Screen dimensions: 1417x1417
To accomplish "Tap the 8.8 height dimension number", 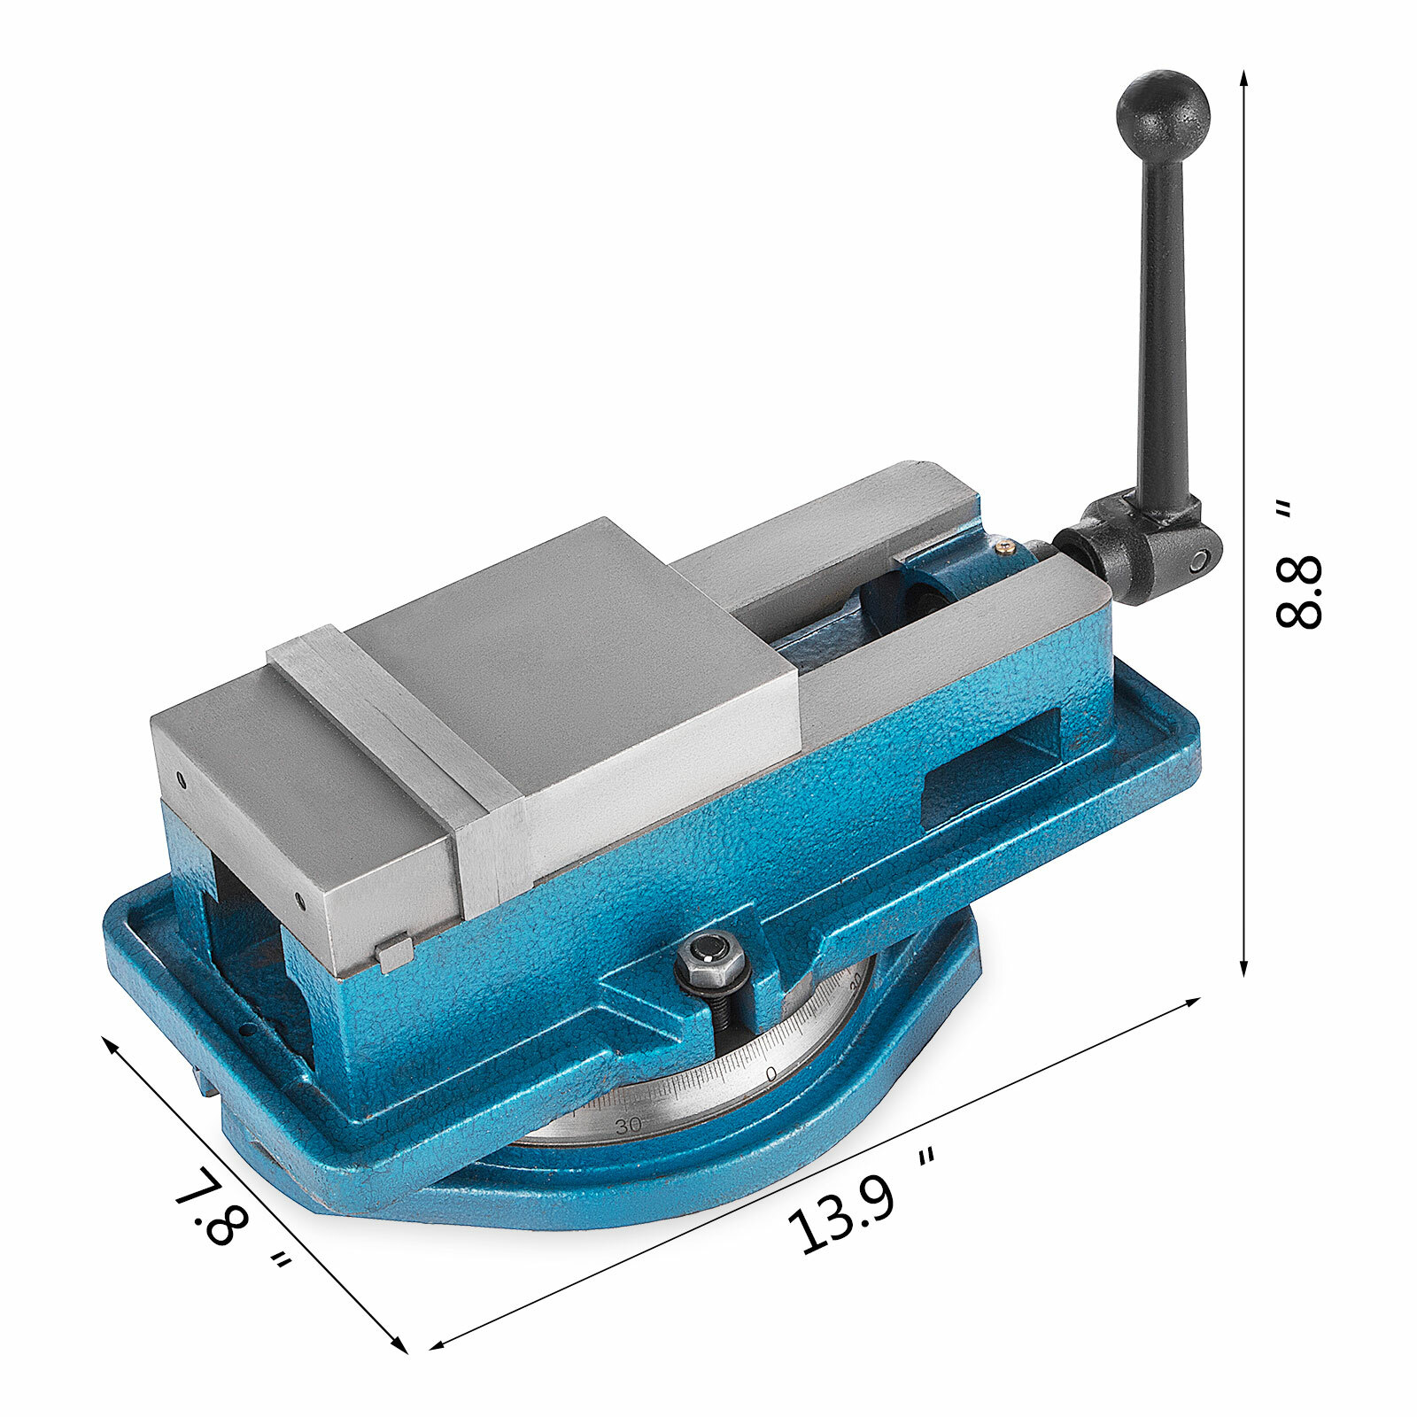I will tap(1299, 592).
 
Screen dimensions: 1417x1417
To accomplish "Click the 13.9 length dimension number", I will tap(841, 1215).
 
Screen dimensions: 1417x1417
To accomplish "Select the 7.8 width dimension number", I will tap(210, 1206).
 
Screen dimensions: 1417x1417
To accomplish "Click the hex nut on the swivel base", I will tap(710, 956).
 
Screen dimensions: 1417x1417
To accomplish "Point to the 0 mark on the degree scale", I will tap(770, 1072).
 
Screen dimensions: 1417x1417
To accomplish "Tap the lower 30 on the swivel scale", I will tap(628, 1127).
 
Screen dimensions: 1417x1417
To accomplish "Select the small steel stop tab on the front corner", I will tap(394, 953).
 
